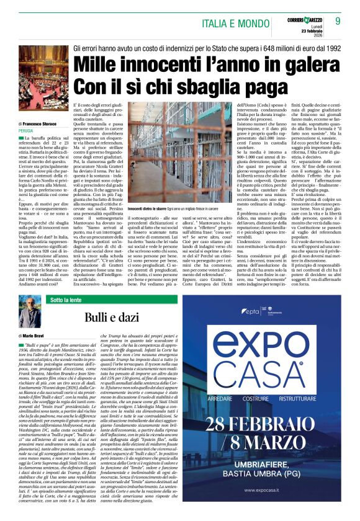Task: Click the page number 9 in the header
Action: coord(338,21)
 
